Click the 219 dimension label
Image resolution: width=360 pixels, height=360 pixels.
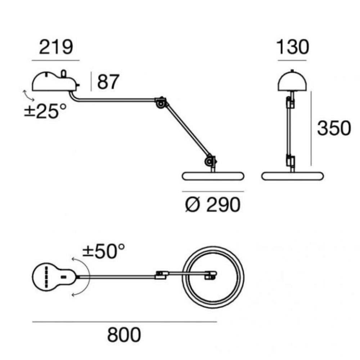pyautogui.click(x=56, y=47)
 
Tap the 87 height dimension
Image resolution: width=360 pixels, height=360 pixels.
pyautogui.click(x=108, y=82)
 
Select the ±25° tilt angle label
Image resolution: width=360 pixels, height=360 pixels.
pyautogui.click(x=45, y=111)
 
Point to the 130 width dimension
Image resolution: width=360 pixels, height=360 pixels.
pyautogui.click(x=292, y=47)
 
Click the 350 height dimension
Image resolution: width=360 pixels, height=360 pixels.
pyautogui.click(x=334, y=128)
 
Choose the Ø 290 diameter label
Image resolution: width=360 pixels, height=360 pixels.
pyautogui.click(x=213, y=205)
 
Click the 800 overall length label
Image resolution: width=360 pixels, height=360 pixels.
pyautogui.click(x=124, y=335)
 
